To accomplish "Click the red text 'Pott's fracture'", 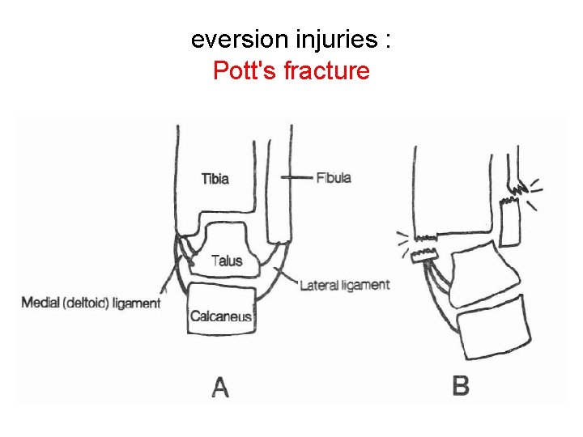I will click(291, 71).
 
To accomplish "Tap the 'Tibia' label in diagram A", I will click(215, 179).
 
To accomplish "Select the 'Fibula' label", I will click(334, 177).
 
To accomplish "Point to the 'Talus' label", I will click(227, 261).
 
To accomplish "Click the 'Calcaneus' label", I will click(221, 316).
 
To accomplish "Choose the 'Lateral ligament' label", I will click(345, 285).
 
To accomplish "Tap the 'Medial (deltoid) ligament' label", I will click(91, 303).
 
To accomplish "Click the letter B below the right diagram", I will click(460, 386).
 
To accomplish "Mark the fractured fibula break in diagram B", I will click(513, 195).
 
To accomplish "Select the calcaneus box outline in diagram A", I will click(221, 303).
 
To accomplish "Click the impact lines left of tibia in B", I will click(402, 240).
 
